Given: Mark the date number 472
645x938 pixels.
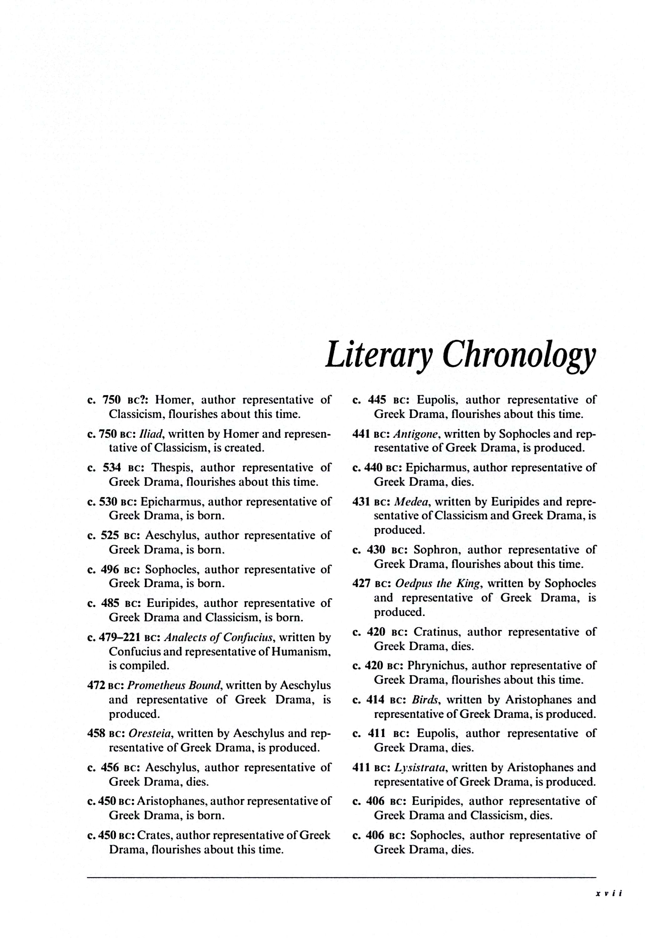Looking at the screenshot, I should pos(96,685).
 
